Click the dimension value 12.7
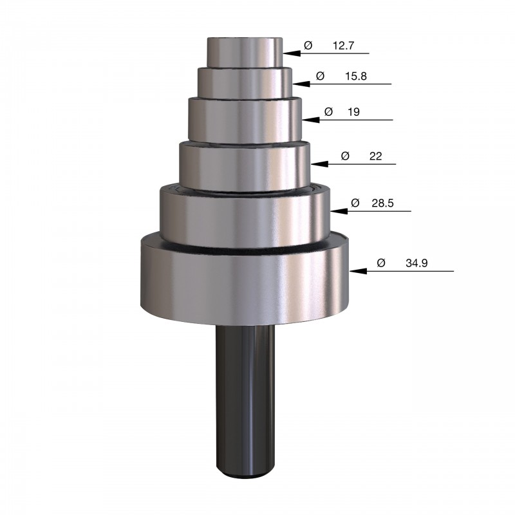coord(343,46)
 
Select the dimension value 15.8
coord(356,76)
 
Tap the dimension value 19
coord(353,112)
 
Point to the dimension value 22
coord(375,156)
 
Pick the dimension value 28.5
coord(382,203)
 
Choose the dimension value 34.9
coord(417,263)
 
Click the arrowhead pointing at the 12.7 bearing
coord(292,53)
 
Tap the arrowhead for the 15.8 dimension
coord(301,84)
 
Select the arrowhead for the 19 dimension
coord(311,120)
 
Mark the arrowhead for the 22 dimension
coord(319,164)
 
